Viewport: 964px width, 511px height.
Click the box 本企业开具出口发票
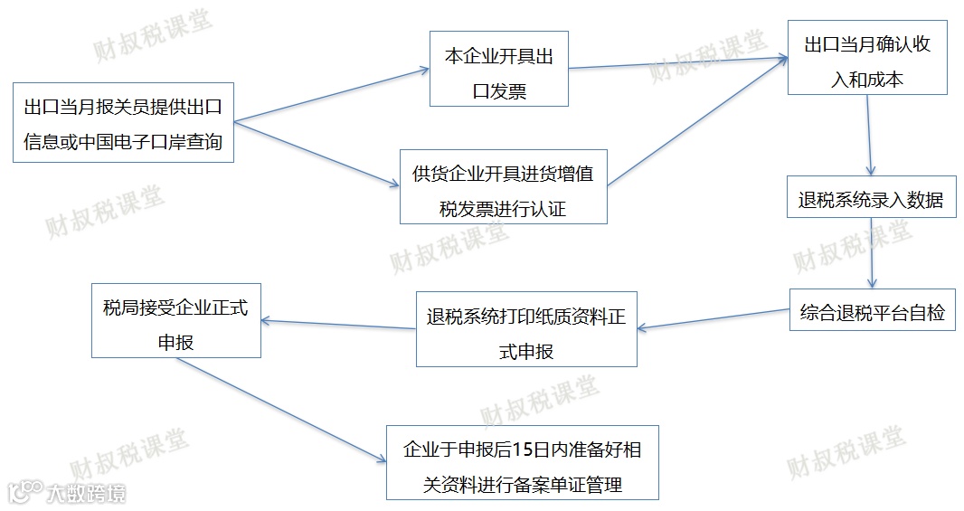click(x=499, y=69)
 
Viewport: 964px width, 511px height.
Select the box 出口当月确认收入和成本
click(x=866, y=58)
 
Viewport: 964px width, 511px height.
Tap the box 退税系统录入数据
click(x=871, y=200)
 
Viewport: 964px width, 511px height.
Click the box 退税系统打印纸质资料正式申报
click(x=525, y=328)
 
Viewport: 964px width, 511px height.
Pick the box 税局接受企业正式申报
click(x=175, y=319)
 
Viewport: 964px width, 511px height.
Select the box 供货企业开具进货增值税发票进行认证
click(x=503, y=186)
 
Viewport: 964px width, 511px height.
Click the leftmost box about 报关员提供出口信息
click(x=123, y=123)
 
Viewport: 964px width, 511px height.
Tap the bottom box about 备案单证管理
click(x=522, y=462)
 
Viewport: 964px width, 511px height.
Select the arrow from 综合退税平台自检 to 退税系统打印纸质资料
click(x=713, y=318)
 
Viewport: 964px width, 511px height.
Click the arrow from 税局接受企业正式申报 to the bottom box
click(x=280, y=408)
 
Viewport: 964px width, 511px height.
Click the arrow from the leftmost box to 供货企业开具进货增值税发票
click(x=317, y=154)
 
